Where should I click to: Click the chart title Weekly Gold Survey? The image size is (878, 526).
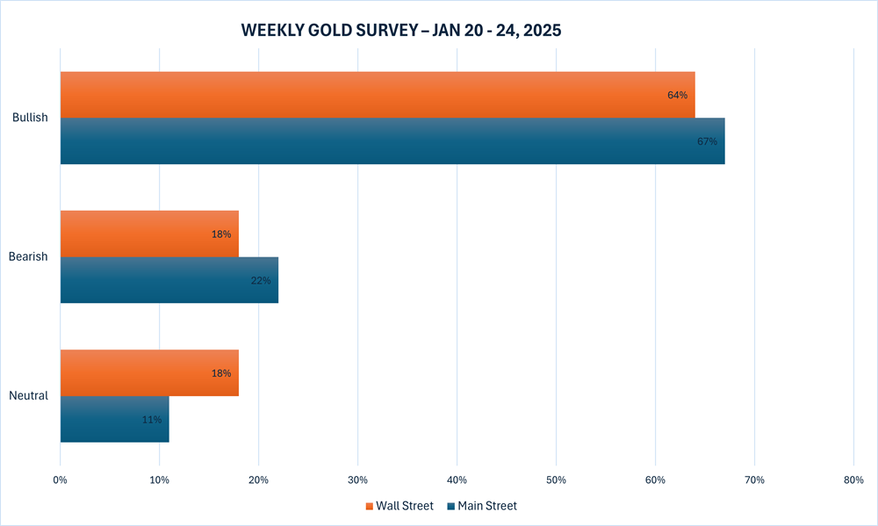401,30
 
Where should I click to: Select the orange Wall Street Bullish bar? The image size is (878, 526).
378,95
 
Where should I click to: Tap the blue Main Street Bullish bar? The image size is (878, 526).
392,141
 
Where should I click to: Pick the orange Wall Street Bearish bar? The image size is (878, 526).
149,234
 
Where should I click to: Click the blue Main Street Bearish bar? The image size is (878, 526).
169,280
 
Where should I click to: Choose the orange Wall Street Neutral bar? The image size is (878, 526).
149,372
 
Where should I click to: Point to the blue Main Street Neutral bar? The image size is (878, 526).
114,419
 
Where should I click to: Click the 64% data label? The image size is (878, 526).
677,95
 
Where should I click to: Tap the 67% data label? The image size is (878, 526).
707,141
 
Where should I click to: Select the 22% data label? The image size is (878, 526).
262,280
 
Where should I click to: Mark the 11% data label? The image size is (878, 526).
152,420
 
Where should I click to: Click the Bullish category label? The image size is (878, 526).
30,117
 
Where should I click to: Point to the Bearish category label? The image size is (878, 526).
29,256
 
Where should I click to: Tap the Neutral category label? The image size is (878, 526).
30,395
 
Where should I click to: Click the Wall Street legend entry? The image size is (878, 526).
399,506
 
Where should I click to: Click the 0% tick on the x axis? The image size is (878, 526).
60,479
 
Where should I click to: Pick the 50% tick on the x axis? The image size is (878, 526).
556,479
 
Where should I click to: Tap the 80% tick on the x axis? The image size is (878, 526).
853,479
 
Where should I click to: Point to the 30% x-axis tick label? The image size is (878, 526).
357,479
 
